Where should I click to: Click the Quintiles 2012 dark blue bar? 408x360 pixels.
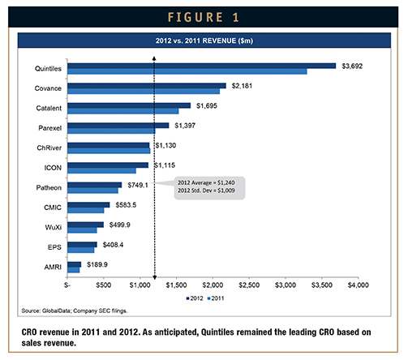[x=202, y=66]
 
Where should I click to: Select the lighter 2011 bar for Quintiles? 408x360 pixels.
[x=187, y=71]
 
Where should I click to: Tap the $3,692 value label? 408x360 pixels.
[x=352, y=66]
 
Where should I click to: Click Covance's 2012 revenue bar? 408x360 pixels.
[x=147, y=86]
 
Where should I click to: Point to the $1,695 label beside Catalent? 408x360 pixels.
[x=207, y=105]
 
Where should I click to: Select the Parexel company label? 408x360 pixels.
[x=49, y=128]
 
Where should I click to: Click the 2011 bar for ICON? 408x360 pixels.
[x=101, y=170]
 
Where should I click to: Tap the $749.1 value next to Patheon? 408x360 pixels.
[x=138, y=185]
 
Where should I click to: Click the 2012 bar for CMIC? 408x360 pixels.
[x=88, y=205]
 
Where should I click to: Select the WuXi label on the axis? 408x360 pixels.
[x=54, y=227]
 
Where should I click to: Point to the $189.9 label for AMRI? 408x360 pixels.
[x=97, y=264]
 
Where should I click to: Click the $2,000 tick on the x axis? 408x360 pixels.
[x=213, y=285]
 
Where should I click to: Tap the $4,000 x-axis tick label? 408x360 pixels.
[x=359, y=285]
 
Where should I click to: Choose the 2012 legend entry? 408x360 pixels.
[x=195, y=298]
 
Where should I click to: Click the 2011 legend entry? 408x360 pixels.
[x=216, y=298]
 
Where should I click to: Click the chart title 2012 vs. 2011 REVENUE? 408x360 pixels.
[x=204, y=41]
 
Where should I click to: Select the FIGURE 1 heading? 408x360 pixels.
[x=204, y=17]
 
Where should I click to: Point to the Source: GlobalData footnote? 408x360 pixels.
[x=75, y=311]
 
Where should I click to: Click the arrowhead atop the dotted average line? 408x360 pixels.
[x=154, y=58]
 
